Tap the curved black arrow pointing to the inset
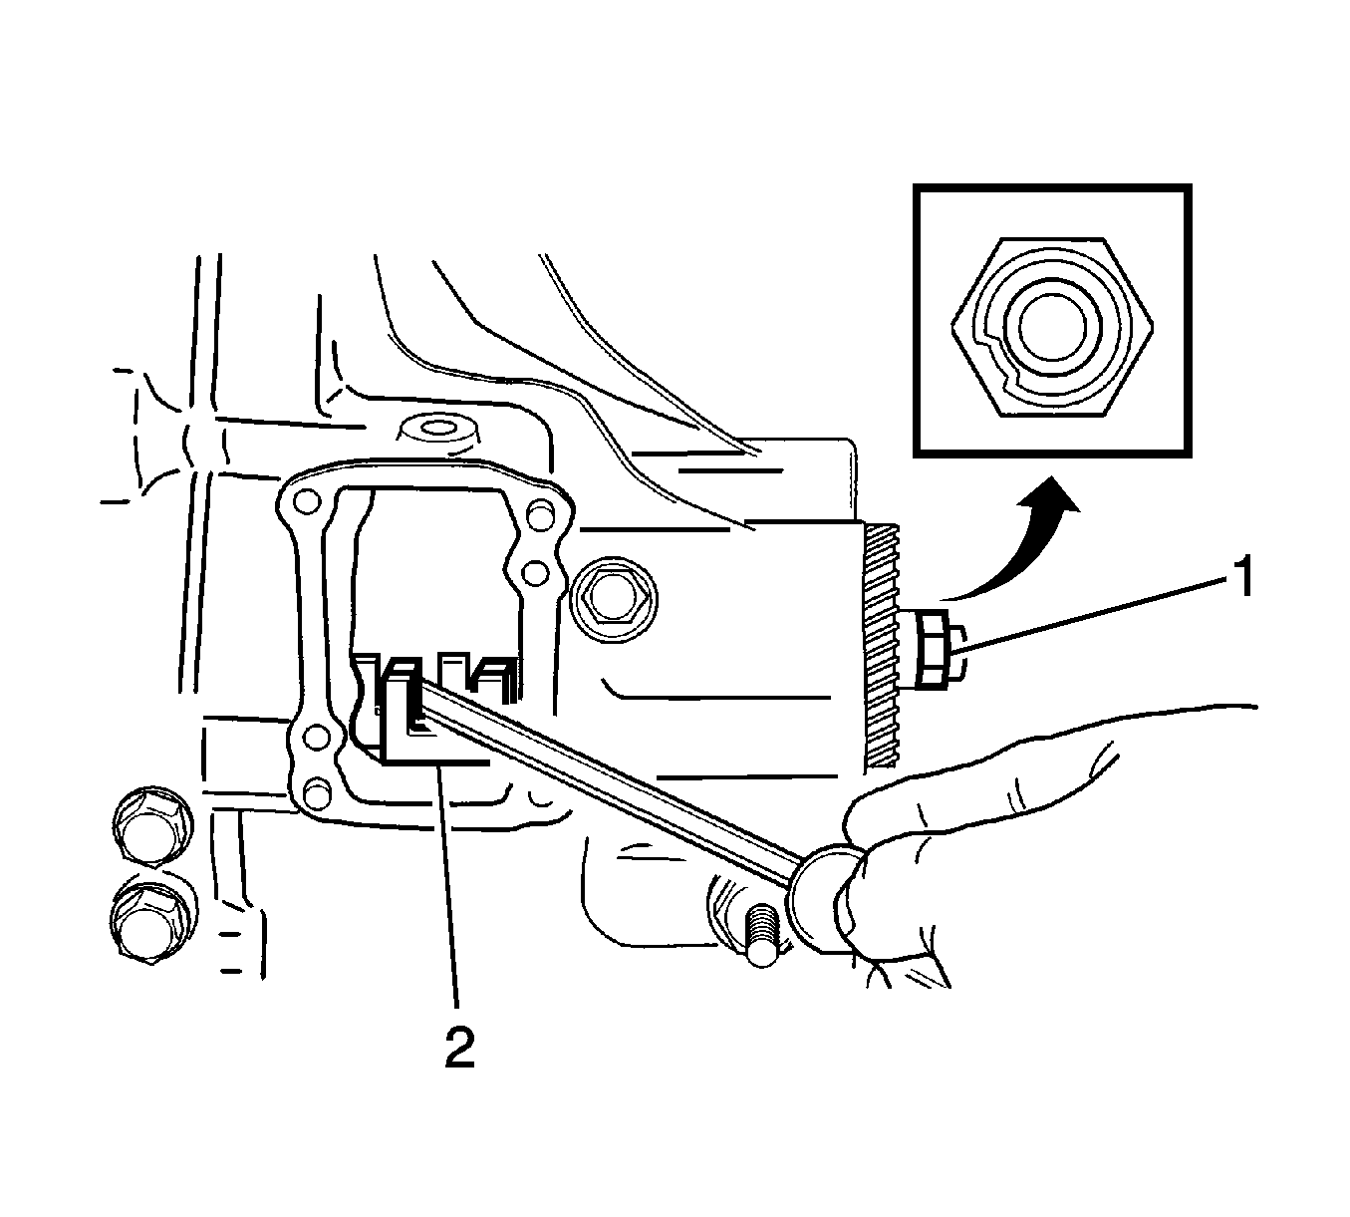(x=1009, y=539)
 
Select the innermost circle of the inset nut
(x=1052, y=328)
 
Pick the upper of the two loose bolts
(x=151, y=824)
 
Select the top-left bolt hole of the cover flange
(x=308, y=502)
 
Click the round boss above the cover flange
(x=438, y=432)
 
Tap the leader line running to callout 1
(x=1095, y=612)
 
